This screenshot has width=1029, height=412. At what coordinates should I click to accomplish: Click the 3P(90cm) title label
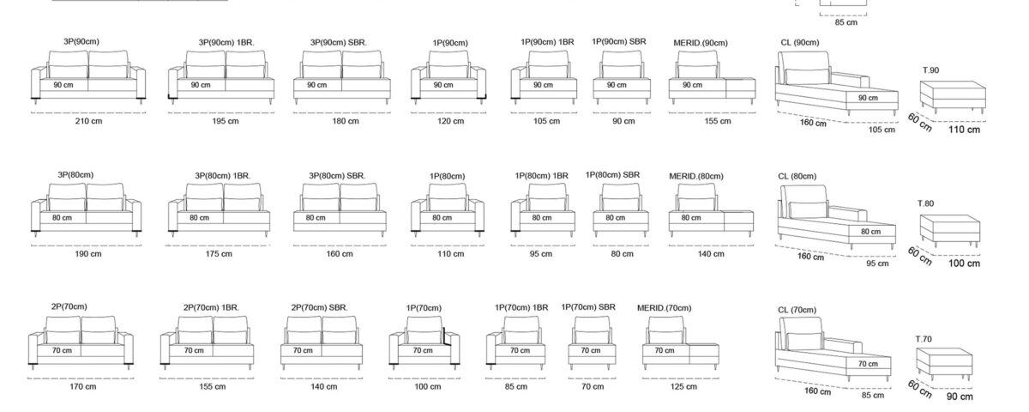(x=81, y=42)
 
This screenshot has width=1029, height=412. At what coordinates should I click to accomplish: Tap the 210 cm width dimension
(x=88, y=121)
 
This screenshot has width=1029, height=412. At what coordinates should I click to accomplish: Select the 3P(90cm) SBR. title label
(x=339, y=43)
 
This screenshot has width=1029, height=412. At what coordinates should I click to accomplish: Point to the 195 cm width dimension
(x=226, y=121)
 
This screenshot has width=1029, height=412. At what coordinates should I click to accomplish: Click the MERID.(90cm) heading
(x=701, y=43)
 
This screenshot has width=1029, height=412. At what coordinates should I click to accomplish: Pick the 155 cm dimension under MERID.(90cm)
(x=718, y=121)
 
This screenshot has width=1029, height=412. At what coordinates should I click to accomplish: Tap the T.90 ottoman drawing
(x=953, y=96)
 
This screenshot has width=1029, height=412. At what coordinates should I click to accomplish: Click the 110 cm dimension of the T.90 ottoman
(x=964, y=130)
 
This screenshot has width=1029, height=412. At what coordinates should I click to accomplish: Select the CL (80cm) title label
(x=797, y=177)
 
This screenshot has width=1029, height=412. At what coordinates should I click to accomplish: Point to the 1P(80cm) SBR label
(x=612, y=175)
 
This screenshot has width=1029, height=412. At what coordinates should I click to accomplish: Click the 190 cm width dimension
(x=88, y=254)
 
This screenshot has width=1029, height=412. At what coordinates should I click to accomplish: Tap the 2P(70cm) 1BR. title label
(x=211, y=307)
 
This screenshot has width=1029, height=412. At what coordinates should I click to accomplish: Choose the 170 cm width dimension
(x=83, y=387)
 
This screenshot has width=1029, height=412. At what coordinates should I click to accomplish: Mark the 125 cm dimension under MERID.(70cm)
(x=683, y=387)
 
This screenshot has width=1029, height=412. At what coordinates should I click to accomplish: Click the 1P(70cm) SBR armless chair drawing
(x=592, y=343)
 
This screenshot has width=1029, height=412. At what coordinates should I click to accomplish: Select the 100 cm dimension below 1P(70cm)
(x=428, y=387)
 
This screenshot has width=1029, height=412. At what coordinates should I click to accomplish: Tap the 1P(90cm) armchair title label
(x=450, y=43)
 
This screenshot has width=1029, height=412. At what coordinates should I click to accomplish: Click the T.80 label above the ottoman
(x=925, y=203)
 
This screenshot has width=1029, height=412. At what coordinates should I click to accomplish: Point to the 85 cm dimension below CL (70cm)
(x=873, y=396)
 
